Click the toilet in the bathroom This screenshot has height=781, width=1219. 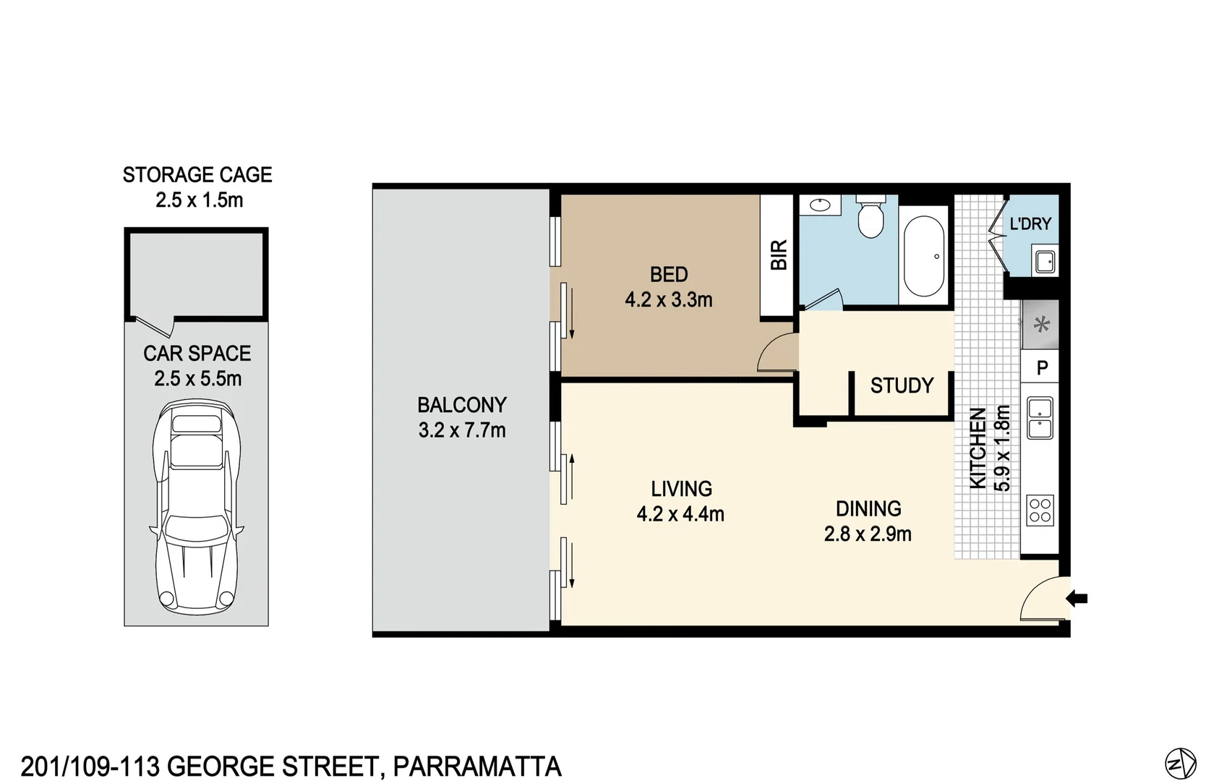(871, 217)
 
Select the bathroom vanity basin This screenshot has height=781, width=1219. (820, 205)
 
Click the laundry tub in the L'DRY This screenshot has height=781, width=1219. (1045, 261)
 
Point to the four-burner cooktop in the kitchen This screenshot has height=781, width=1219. (1040, 510)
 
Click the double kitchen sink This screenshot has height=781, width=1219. (1040, 418)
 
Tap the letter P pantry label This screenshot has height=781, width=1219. (1042, 368)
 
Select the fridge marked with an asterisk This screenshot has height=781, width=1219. (1041, 325)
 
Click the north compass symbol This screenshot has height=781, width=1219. (1181, 764)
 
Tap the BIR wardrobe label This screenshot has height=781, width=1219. (779, 255)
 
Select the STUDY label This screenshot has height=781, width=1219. (902, 385)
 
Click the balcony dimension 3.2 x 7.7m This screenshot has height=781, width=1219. (462, 430)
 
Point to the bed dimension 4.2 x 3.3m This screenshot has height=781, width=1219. (669, 299)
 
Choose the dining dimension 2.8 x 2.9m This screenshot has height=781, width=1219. (868, 534)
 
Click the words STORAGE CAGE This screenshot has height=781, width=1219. (197, 175)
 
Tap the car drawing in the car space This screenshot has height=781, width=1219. (196, 506)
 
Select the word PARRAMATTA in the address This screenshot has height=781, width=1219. (477, 767)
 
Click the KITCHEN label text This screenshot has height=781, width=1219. (978, 448)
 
